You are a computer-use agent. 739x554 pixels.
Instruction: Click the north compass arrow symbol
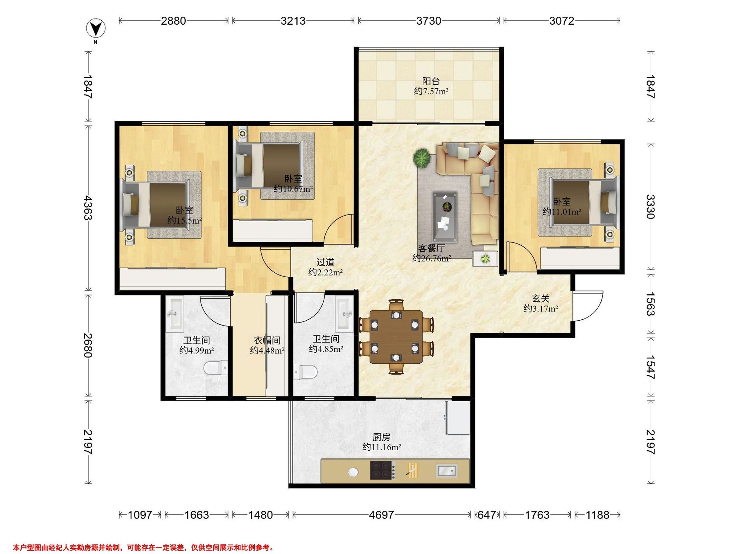[x=96, y=29]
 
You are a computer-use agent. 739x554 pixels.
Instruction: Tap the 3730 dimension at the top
[x=429, y=21]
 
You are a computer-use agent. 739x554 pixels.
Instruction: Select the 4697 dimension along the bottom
[x=381, y=515]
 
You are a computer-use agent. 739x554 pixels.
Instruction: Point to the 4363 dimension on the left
[x=88, y=208]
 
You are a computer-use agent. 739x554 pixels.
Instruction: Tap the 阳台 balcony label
[x=431, y=81]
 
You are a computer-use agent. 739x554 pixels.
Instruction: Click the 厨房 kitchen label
[x=382, y=437]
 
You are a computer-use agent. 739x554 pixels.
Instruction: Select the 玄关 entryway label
[x=541, y=298]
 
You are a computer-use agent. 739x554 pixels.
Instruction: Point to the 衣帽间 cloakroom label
[x=267, y=340]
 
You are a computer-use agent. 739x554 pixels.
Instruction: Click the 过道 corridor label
[x=325, y=262]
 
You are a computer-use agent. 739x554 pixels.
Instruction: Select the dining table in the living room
[x=396, y=337]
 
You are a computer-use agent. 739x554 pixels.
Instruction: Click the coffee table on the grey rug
[x=445, y=216]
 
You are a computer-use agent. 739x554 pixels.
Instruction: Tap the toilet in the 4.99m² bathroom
[x=216, y=368]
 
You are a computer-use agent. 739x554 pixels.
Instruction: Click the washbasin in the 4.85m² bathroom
[x=345, y=314]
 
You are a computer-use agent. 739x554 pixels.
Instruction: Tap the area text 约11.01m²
[x=562, y=211]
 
